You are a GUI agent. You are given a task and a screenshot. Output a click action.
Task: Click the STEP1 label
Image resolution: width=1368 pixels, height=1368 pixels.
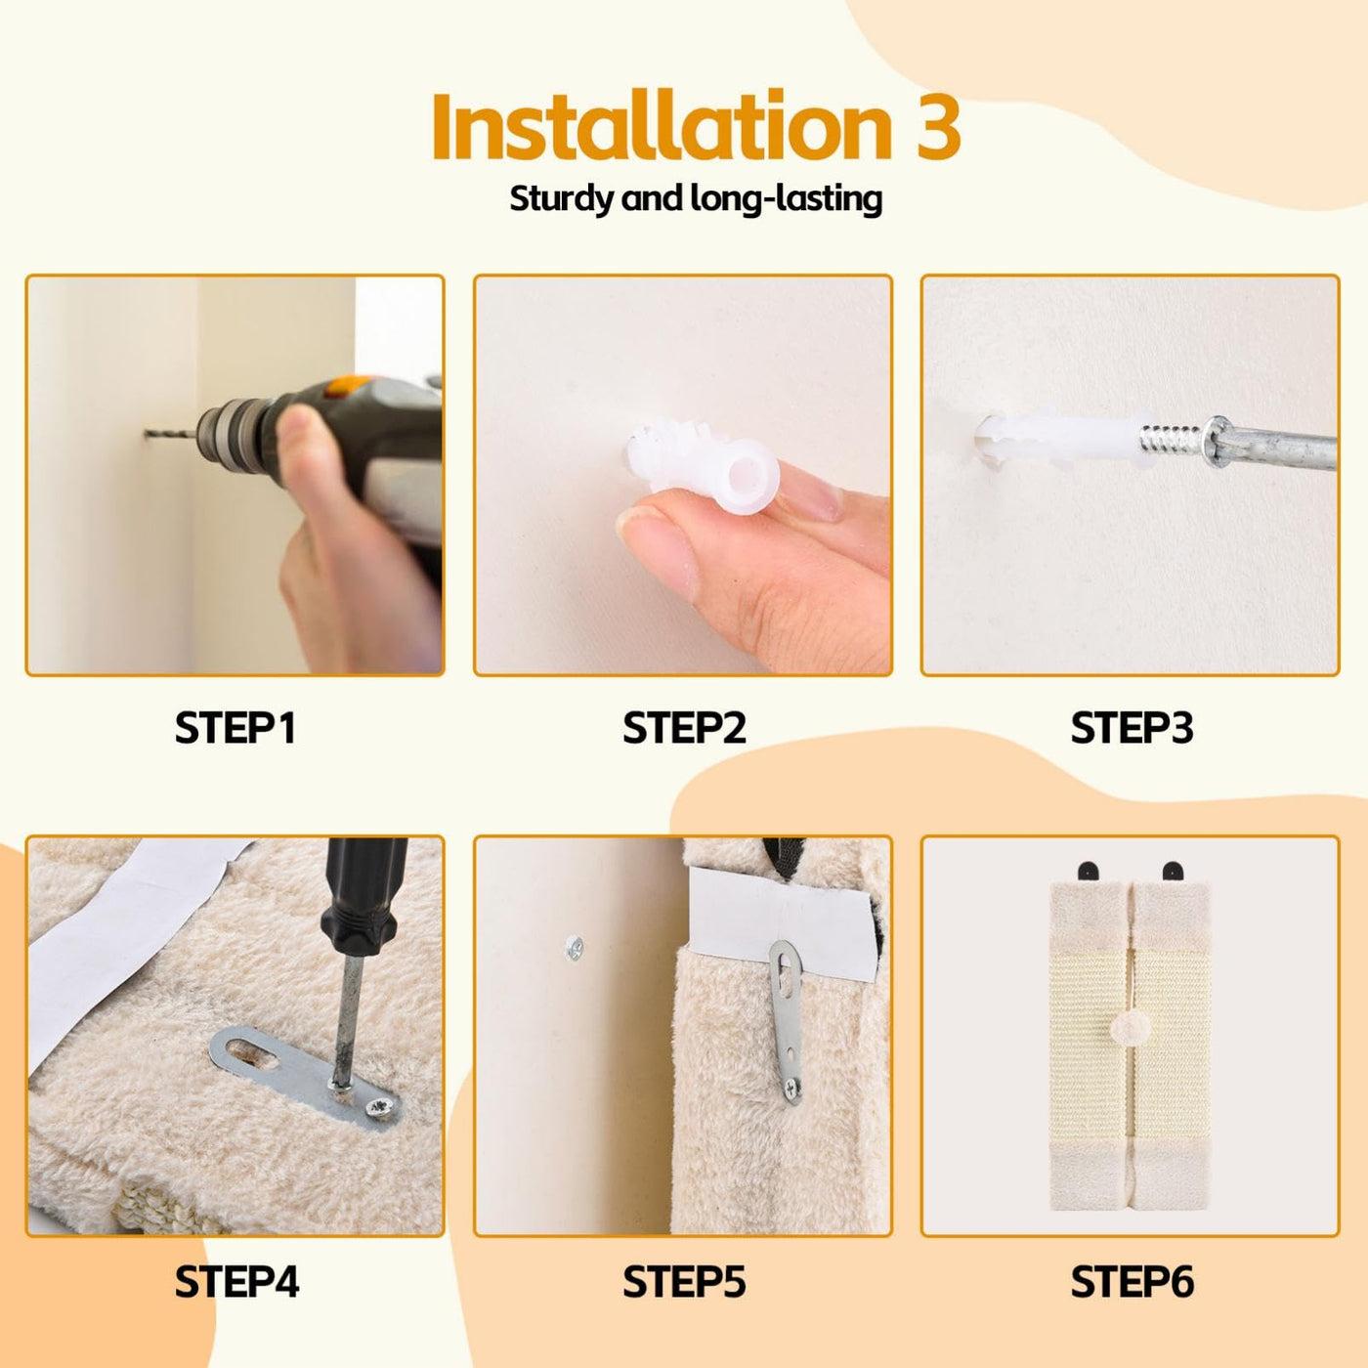pyautogui.click(x=235, y=728)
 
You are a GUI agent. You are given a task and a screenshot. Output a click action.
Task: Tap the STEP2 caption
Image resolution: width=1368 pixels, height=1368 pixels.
pyautogui.click(x=684, y=728)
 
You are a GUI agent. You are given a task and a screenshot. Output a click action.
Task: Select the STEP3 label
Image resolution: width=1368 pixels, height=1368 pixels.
pyautogui.click(x=1132, y=728)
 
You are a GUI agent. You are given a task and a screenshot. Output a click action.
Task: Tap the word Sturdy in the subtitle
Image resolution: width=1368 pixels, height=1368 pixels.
pyautogui.click(x=561, y=198)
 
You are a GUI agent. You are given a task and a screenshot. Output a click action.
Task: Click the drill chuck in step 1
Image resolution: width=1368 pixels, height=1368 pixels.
pyautogui.click(x=226, y=432)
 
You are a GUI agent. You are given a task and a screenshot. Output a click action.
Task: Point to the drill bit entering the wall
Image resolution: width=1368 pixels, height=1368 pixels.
pyautogui.click(x=170, y=432)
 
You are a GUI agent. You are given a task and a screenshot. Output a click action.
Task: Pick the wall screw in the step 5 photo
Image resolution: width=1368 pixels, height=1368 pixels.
pyautogui.click(x=575, y=948)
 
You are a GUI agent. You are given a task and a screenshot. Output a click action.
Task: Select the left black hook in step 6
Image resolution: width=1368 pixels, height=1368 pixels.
pyautogui.click(x=1087, y=871)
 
